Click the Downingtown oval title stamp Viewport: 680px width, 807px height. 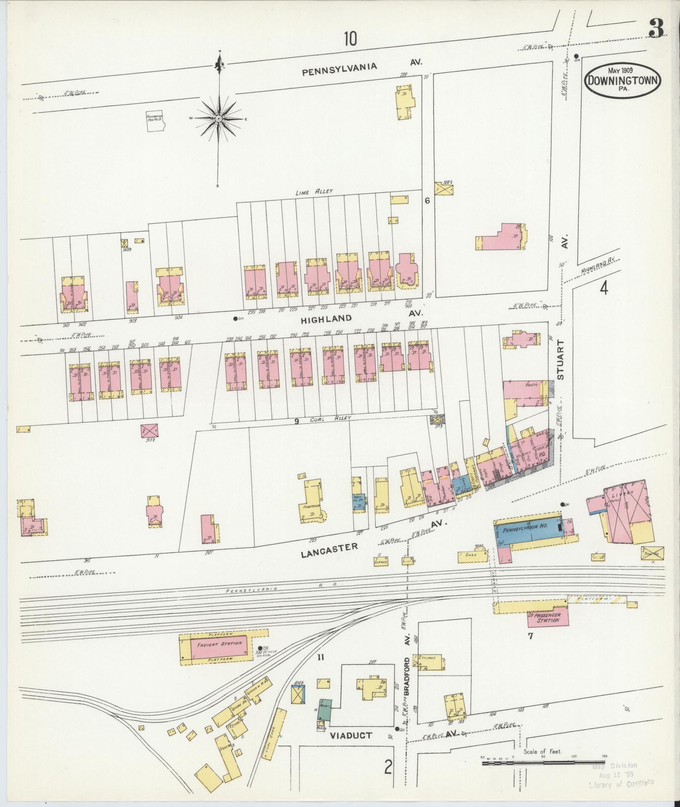(x=623, y=81)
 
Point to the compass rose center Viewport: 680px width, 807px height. (x=219, y=119)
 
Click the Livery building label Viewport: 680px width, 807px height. (x=619, y=494)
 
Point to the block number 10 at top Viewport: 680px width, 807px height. (x=350, y=39)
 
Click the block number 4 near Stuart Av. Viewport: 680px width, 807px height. (x=604, y=289)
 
